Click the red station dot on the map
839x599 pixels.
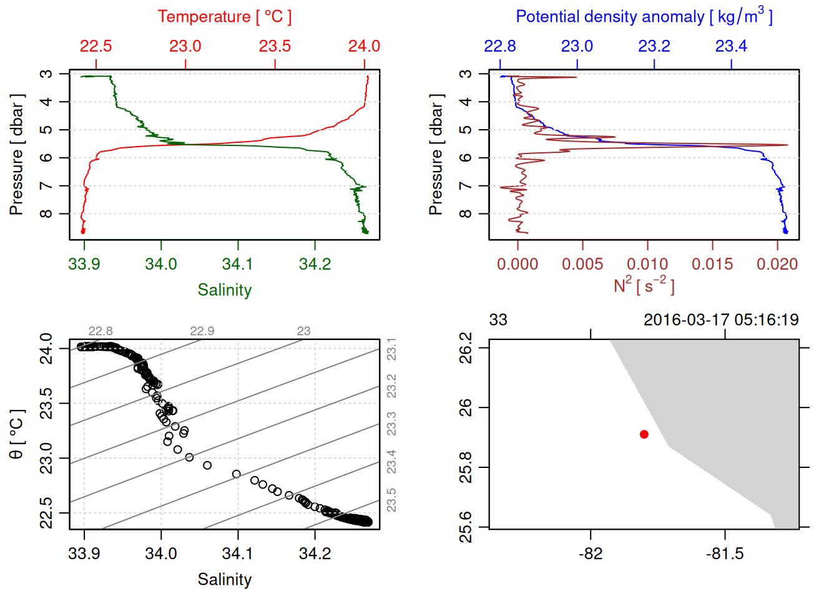coord(644,434)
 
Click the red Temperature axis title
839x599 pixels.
coord(224,17)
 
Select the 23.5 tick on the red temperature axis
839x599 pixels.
coord(275,46)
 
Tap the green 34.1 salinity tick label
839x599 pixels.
coord(238,264)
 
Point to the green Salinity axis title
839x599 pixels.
coord(225,290)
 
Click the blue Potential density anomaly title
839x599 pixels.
coord(644,17)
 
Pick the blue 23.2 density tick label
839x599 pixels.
coord(654,46)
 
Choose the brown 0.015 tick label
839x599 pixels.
coord(712,264)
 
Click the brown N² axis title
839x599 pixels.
coord(644,286)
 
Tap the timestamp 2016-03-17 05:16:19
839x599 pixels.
coord(721,320)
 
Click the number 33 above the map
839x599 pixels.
coord(498,320)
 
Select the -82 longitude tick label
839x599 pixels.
coord(591,553)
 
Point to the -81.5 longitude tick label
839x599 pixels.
coord(725,553)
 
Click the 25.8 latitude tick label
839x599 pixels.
coord(466,467)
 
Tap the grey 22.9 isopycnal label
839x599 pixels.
coord(202,331)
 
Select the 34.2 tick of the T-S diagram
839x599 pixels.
coord(315,553)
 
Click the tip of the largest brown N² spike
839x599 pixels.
coord(787,145)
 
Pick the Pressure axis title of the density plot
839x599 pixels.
coord(436,155)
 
